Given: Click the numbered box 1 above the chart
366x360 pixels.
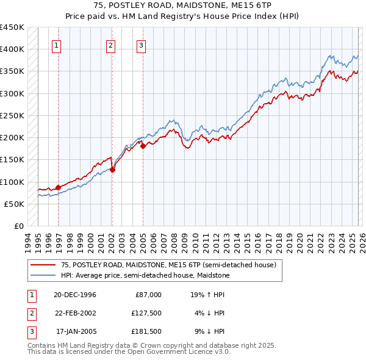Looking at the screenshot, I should point(56,45).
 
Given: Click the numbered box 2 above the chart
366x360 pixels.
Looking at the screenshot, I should point(110,45).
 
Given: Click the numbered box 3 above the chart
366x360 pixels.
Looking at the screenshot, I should point(141,45).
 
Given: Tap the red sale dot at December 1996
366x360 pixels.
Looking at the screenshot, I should point(59,187).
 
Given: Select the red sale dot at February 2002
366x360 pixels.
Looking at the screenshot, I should point(112,170).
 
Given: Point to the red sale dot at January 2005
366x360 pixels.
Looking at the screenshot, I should point(143,146).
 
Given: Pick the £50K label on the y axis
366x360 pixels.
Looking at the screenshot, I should point(15,204).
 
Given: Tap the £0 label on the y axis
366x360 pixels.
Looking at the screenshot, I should point(20,226).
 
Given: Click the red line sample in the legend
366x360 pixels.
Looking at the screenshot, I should point(43,265).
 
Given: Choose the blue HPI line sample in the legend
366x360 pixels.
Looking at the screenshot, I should point(43,275).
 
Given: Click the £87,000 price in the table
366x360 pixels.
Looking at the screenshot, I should point(148,295).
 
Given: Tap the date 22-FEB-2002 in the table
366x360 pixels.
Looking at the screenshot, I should point(75,314).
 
